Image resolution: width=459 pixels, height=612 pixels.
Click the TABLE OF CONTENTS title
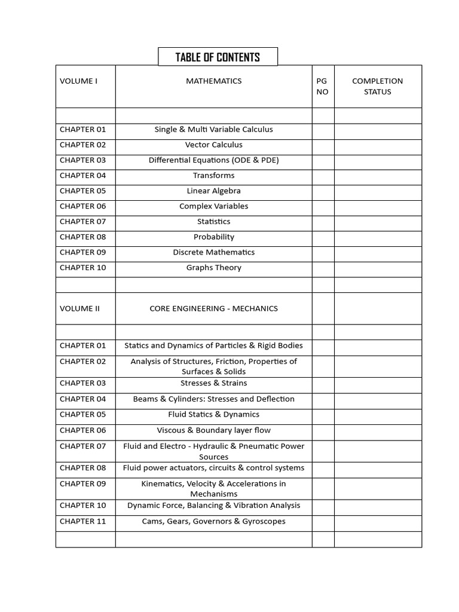218,57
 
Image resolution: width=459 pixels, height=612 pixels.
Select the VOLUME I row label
78,81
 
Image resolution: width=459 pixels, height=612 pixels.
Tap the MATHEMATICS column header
213,81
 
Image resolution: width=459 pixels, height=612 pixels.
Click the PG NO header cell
323,86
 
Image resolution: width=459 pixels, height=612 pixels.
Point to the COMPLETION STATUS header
377,86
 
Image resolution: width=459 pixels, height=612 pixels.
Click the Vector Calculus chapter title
213,145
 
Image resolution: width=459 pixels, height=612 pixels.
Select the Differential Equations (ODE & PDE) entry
213,160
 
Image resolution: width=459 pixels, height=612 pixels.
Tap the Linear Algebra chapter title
213,191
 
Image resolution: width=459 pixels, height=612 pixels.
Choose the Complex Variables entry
213,206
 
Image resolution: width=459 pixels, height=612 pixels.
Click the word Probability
213,237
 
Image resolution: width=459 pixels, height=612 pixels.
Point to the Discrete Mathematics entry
213,252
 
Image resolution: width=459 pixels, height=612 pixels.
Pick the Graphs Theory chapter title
213,268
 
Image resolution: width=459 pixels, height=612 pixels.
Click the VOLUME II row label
79,309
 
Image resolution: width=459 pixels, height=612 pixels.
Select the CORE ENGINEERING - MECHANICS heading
213,309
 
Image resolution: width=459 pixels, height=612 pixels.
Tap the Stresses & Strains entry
213,383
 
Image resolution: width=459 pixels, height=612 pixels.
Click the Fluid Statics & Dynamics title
213,414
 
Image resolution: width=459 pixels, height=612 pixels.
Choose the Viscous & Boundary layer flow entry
213,430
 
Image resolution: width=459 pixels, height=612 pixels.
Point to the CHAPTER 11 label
82,521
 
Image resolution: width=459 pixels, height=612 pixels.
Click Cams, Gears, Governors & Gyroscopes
213,521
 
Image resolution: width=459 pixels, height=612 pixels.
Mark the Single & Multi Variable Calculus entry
213,129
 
